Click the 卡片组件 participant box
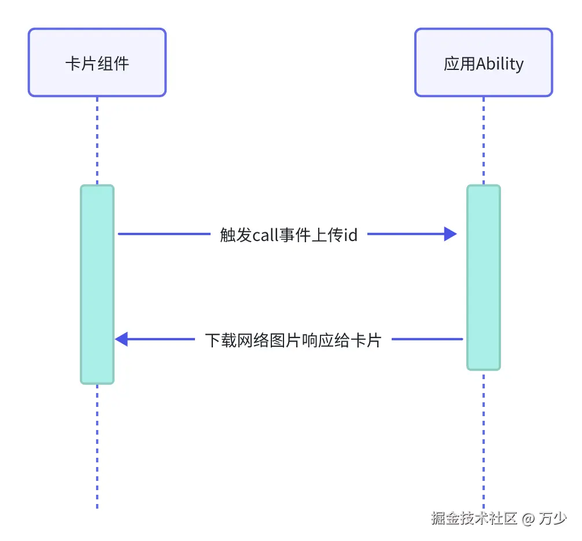click(97, 62)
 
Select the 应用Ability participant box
click(484, 62)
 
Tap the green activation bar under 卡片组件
click(97, 284)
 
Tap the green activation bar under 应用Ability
click(484, 277)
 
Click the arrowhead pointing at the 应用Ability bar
click(451, 234)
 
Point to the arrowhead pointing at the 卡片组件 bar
click(121, 339)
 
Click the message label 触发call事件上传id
click(289, 235)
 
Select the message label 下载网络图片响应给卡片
click(293, 340)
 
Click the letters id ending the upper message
click(351, 235)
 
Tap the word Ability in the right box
click(500, 63)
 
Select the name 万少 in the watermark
click(552, 518)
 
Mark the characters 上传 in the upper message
click(328, 235)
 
